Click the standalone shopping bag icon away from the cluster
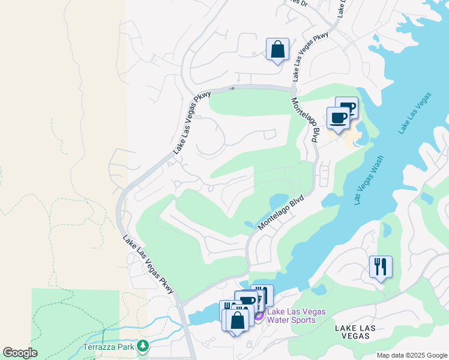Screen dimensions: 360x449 tap(277, 50)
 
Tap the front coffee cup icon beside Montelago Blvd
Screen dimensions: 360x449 tap(338, 118)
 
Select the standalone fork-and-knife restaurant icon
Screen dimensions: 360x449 tap(381, 267)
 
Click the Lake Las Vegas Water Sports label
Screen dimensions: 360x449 tap(297, 316)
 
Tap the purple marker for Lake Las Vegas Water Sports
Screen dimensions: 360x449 tap(259, 316)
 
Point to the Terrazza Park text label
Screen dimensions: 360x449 tap(109, 346)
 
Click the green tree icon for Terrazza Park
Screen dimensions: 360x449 tap(143, 346)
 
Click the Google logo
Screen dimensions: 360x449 tap(20, 353)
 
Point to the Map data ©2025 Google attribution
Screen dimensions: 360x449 tap(412, 355)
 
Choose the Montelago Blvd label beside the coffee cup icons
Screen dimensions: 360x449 tap(305, 119)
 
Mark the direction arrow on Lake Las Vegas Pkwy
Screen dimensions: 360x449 tap(232, 89)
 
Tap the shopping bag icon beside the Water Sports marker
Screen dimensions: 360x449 tap(238, 320)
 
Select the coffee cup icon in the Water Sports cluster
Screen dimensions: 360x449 tap(246, 301)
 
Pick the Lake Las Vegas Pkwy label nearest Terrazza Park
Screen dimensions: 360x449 tap(149, 265)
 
